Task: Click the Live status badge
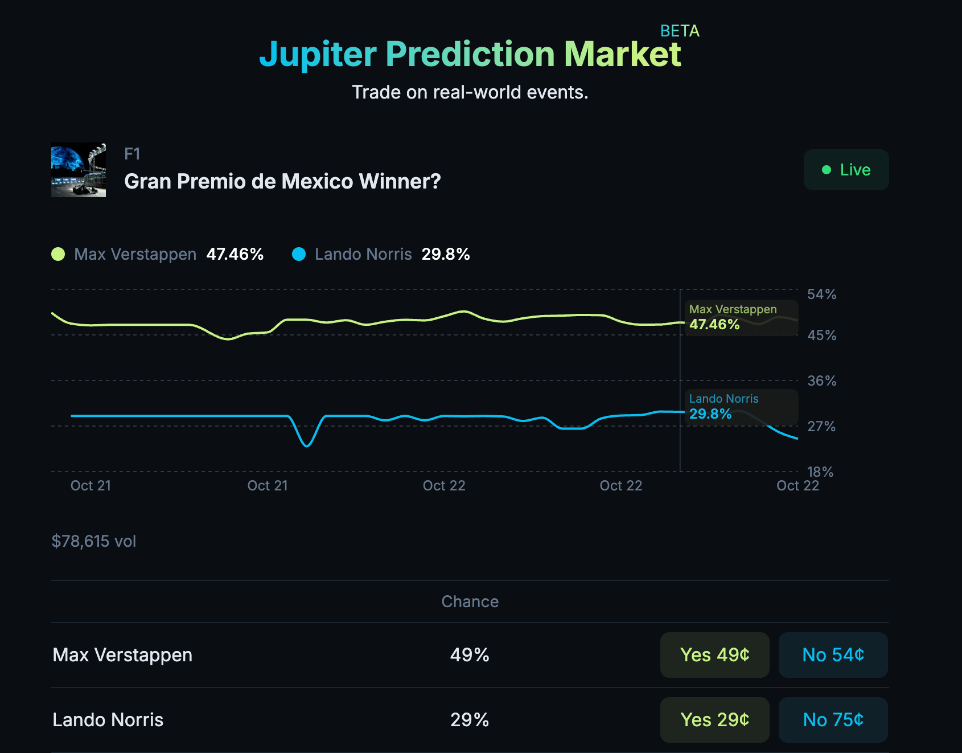tap(846, 170)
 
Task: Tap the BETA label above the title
tap(680, 31)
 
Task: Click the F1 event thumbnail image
tap(79, 170)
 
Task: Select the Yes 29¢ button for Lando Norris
tap(714, 720)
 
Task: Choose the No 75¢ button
tap(833, 720)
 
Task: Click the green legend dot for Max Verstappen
tap(58, 254)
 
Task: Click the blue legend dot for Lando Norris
tap(299, 254)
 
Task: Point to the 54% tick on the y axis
tap(821, 294)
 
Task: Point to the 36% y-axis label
tap(821, 381)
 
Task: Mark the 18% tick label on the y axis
tap(820, 472)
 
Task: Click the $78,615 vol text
tap(94, 541)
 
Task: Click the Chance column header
tap(470, 601)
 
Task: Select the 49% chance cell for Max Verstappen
tap(470, 655)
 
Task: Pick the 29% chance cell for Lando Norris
tap(470, 720)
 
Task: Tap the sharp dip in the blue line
tap(307, 445)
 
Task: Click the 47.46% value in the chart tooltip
tap(714, 325)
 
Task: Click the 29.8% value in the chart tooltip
tap(710, 414)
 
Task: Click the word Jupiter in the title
tap(318, 55)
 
